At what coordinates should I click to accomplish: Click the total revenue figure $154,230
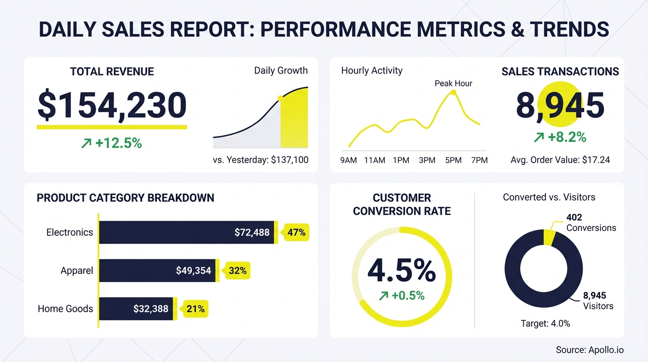pyautogui.click(x=112, y=106)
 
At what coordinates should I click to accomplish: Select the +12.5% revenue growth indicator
pyautogui.click(x=112, y=143)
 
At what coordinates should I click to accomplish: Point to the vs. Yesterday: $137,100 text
pyautogui.click(x=260, y=160)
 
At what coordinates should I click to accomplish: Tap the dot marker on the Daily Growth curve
pyautogui.click(x=281, y=99)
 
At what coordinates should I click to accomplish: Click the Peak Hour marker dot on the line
pyautogui.click(x=454, y=92)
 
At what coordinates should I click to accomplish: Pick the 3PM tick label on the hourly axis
pyautogui.click(x=427, y=160)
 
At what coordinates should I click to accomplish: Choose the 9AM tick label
pyautogui.click(x=348, y=160)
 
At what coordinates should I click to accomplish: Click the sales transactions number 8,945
pyautogui.click(x=560, y=106)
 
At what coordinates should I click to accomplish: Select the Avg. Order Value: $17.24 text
pyautogui.click(x=560, y=160)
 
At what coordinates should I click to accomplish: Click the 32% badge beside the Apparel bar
pyautogui.click(x=237, y=271)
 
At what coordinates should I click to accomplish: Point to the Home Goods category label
pyautogui.click(x=65, y=309)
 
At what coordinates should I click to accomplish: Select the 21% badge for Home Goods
pyautogui.click(x=195, y=309)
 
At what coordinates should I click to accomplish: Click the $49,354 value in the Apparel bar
pyautogui.click(x=193, y=271)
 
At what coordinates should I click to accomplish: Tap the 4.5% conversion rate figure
pyautogui.click(x=402, y=271)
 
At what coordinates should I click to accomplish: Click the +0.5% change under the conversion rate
pyautogui.click(x=402, y=296)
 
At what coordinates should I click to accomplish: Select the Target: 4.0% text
pyautogui.click(x=545, y=323)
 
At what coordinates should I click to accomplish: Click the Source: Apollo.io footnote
pyautogui.click(x=590, y=350)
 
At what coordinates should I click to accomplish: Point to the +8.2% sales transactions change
pyautogui.click(x=560, y=137)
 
